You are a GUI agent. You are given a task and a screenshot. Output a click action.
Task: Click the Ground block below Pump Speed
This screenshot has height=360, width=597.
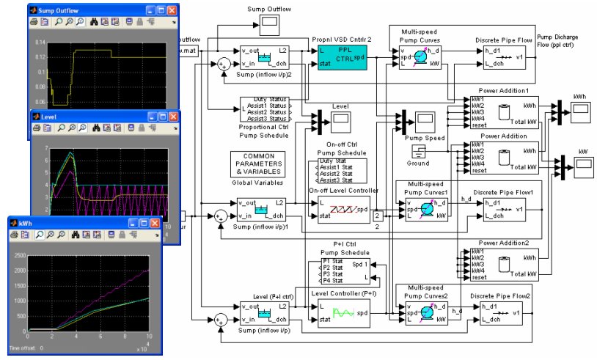click(417, 150)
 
